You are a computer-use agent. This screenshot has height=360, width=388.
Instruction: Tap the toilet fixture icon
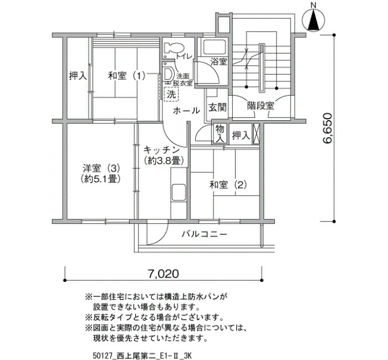pyautogui.click(x=173, y=48)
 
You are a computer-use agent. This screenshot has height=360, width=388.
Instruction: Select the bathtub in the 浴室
pyautogui.click(x=215, y=47)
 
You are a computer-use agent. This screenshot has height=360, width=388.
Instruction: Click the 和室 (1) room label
pyautogui.click(x=126, y=76)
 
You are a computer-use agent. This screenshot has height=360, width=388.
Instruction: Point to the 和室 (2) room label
pyautogui.click(x=228, y=184)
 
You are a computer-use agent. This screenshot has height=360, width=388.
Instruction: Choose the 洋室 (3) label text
pyautogui.click(x=101, y=168)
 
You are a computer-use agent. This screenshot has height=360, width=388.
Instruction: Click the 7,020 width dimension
pyautogui.click(x=164, y=274)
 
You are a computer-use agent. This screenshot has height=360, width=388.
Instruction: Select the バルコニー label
pyautogui.click(x=205, y=234)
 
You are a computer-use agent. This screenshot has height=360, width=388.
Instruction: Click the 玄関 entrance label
pyautogui.click(x=217, y=107)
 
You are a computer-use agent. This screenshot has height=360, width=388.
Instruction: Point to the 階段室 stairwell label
pyautogui.click(x=261, y=106)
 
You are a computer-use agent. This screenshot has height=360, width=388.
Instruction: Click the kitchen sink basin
pyautogui.click(x=178, y=192)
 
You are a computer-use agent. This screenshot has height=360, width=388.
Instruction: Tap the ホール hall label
pyautogui.click(x=186, y=111)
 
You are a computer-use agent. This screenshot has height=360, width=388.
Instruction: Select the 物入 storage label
pyautogui.click(x=219, y=133)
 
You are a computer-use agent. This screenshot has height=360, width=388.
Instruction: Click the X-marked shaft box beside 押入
pyautogui.click(x=256, y=133)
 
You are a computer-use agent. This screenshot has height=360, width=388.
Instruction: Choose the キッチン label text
pyautogui.click(x=161, y=150)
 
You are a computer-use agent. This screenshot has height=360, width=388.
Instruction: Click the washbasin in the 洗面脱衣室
pyautogui.click(x=169, y=73)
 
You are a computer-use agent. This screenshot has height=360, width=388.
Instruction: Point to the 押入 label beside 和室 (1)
pyautogui.click(x=78, y=76)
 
